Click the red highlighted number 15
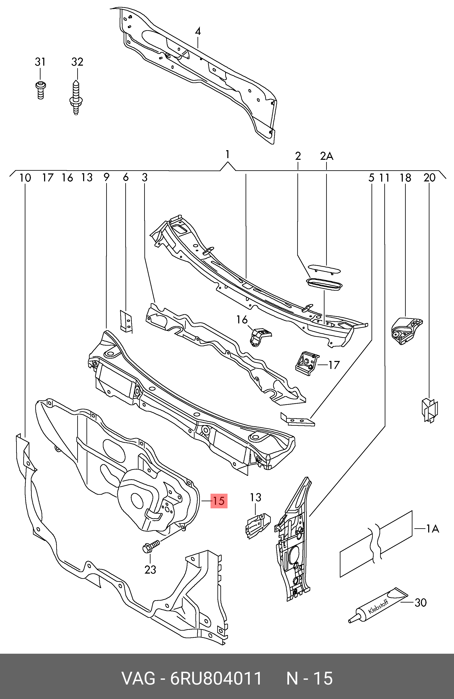pos(219,501)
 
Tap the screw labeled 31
pos(40,90)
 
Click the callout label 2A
pos(327,156)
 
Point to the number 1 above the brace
pos(228,155)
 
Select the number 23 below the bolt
pos(150,570)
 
